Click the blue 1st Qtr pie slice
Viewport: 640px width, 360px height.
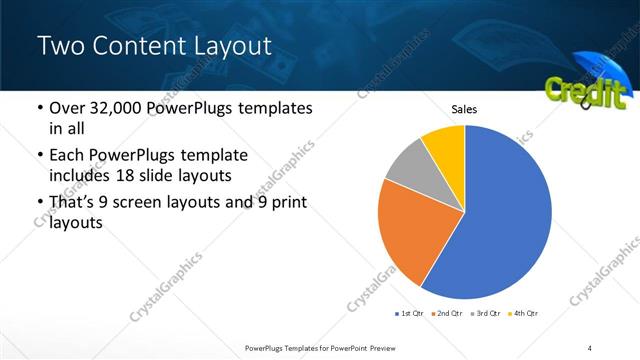pos(505,215)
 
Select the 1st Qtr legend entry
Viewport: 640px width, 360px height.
pos(410,314)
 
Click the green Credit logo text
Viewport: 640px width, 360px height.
pos(584,91)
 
